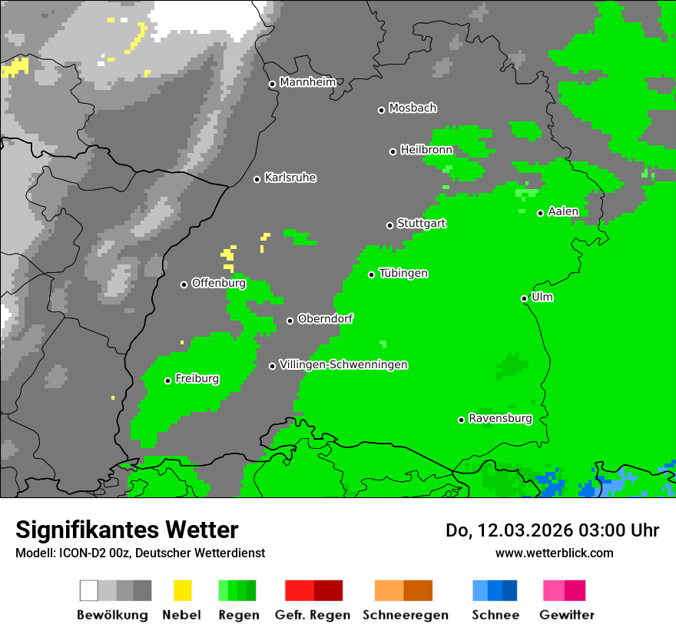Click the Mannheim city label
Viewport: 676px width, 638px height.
point(307,82)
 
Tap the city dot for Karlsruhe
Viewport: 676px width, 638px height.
point(257,179)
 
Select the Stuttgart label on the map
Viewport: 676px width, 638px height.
point(421,224)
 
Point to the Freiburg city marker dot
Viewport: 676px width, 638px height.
point(167,380)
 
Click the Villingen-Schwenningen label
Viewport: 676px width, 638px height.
point(343,365)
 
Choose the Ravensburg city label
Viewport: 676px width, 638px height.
point(500,419)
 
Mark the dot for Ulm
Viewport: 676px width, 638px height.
point(524,298)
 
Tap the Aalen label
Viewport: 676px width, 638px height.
point(563,211)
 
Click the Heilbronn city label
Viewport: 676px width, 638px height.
point(426,150)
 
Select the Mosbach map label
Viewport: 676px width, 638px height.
point(413,108)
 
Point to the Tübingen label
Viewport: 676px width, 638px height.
point(403,274)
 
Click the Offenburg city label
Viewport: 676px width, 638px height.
point(218,284)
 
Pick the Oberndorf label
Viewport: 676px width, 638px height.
point(325,319)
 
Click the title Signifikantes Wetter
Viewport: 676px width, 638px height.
point(127,530)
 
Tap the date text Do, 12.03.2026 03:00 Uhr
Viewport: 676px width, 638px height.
point(552,530)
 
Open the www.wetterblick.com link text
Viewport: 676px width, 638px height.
point(554,553)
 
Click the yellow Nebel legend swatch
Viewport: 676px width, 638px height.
point(182,590)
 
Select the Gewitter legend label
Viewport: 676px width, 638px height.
point(566,615)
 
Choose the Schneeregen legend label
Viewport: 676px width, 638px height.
point(405,615)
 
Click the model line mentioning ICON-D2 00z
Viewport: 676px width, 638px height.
point(140,553)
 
